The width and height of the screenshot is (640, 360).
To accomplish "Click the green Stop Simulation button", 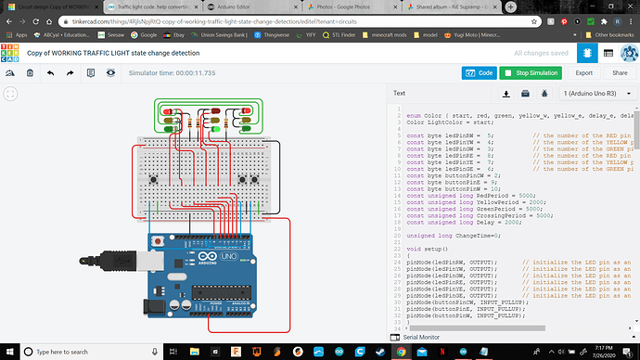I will click(x=530, y=72).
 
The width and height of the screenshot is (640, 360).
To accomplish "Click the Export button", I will click(x=584, y=72).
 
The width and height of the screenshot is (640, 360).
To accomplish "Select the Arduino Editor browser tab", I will click(x=240, y=6).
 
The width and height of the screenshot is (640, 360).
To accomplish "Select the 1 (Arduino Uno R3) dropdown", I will click(x=597, y=94).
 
